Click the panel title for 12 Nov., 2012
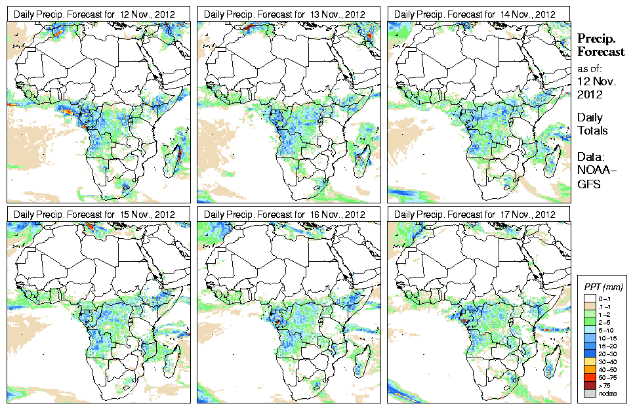(94, 14)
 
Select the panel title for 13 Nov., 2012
(284, 14)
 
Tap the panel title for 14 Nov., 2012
(475, 14)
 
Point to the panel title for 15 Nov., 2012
(94, 215)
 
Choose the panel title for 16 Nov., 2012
(284, 215)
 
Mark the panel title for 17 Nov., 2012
(475, 215)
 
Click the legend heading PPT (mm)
(603, 287)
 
